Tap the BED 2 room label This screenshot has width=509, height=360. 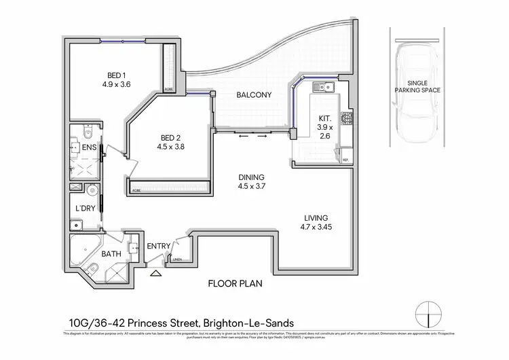pyautogui.click(x=170, y=135)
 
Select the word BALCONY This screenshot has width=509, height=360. pyautogui.click(x=254, y=95)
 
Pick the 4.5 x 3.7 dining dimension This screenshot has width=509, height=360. pyautogui.click(x=251, y=186)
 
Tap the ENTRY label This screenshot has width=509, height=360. pyautogui.click(x=159, y=246)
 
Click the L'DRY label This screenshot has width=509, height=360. pyautogui.click(x=85, y=208)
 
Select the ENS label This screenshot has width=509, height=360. pyautogui.click(x=89, y=147)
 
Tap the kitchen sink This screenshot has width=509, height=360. pyautogui.click(x=322, y=87)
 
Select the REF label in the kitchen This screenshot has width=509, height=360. pyautogui.click(x=345, y=160)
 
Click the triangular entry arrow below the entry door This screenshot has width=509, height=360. pyautogui.click(x=157, y=274)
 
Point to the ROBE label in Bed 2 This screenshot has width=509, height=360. pyautogui.click(x=136, y=191)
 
